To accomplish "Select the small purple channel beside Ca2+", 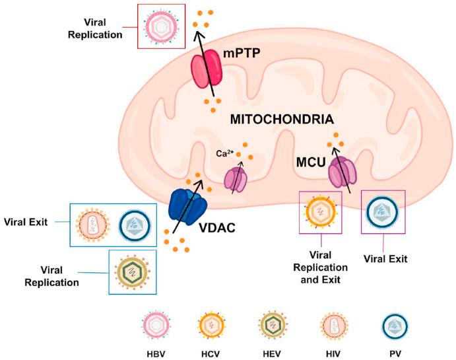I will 236,179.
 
